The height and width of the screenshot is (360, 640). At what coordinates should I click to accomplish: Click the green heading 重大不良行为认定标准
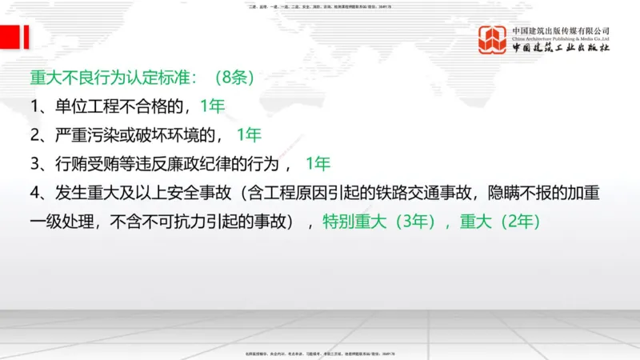[x=112, y=78]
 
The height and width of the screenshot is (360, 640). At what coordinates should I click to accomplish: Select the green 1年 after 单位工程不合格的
[x=213, y=106]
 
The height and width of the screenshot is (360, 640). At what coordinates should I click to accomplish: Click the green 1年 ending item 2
[x=249, y=134]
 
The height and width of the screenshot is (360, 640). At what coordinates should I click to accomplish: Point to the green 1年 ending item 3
[x=318, y=164]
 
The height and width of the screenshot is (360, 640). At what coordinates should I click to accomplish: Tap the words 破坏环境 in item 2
[x=176, y=134]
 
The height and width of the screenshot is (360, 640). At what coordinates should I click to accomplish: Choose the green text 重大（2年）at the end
[x=505, y=222]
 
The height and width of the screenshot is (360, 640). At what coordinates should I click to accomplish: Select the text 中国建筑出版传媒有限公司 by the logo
[x=562, y=30]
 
